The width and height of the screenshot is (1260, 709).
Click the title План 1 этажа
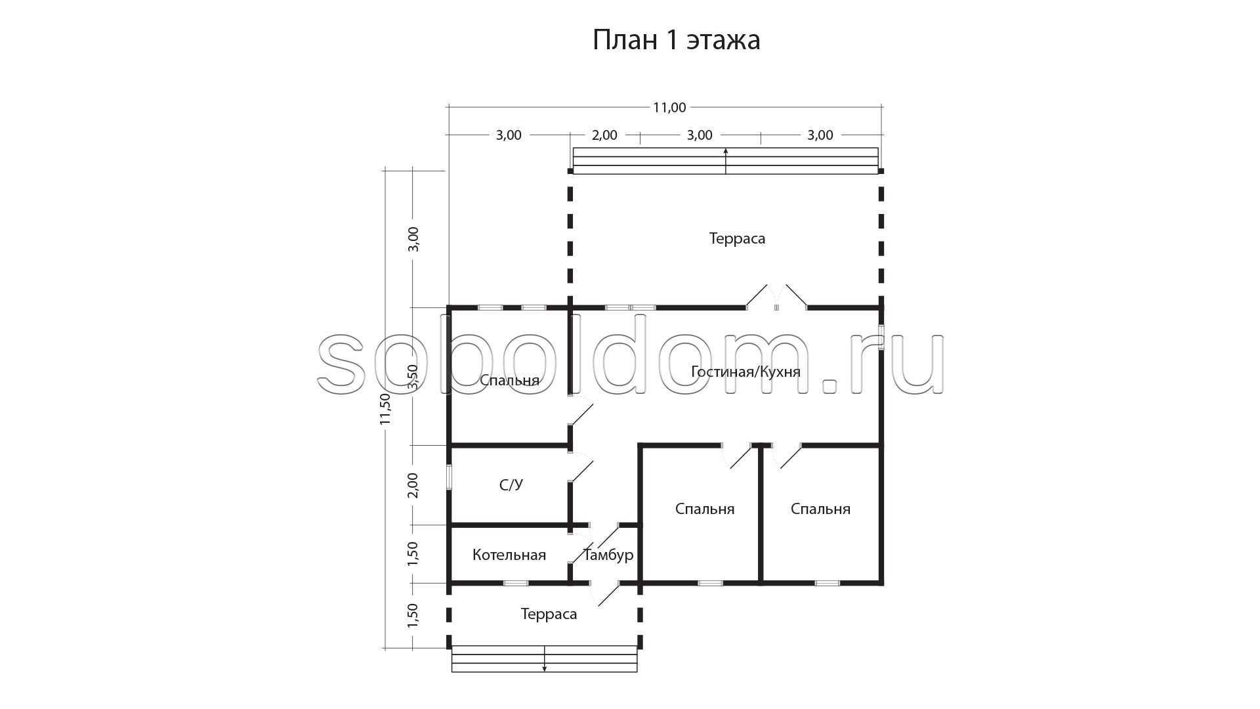point(677,40)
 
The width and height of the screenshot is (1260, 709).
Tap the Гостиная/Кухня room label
point(745,372)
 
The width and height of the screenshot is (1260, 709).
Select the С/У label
point(511,485)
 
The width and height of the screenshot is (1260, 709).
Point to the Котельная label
point(509,555)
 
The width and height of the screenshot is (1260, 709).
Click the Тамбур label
point(608,555)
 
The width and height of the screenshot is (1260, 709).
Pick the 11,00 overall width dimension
point(669,108)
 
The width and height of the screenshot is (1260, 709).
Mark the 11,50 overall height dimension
point(385,409)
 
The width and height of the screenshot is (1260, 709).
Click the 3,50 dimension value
point(413,377)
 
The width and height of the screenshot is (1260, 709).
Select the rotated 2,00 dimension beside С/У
point(413,485)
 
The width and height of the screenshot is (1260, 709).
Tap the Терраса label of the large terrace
point(737,238)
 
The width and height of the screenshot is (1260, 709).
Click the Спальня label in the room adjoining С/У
point(509,381)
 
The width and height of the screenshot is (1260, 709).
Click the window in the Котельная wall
point(516,583)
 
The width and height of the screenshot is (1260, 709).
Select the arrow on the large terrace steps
point(726,161)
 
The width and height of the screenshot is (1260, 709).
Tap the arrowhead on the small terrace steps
point(544,668)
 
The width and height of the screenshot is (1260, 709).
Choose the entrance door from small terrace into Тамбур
point(605,593)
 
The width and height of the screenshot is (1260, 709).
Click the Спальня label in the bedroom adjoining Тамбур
point(705,509)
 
